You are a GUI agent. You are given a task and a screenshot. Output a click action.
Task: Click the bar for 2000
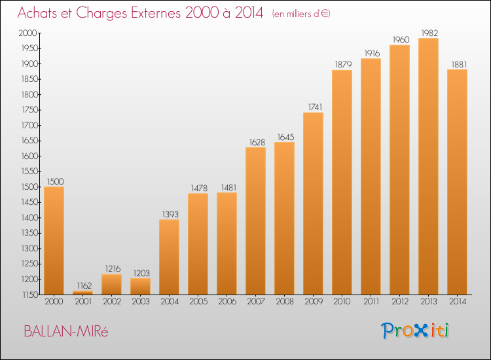54,240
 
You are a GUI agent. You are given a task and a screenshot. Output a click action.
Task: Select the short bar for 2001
82,293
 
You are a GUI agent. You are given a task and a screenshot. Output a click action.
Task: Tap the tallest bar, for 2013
428,166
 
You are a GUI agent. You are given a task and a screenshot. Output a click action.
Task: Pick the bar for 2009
313,204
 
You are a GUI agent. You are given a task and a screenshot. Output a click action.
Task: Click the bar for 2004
169,257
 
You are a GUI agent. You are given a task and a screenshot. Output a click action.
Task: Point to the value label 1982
429,33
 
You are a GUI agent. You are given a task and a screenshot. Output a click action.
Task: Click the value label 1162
84,285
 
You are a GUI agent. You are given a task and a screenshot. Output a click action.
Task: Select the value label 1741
315,107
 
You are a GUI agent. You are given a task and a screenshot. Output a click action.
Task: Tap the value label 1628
257,143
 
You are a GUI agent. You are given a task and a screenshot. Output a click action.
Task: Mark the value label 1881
459,65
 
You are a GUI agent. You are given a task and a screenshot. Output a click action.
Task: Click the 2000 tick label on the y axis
28,33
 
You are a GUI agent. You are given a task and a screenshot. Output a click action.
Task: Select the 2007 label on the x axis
256,302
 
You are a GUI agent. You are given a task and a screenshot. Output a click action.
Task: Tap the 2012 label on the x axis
400,302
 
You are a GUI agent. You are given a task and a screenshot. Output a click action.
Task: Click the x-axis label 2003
141,302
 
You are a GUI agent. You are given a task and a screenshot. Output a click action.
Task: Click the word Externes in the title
156,13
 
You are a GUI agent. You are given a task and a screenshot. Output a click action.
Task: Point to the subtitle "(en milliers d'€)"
301,14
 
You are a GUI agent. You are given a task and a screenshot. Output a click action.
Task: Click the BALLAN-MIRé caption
65,331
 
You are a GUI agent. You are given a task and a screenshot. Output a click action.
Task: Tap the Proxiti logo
415,331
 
